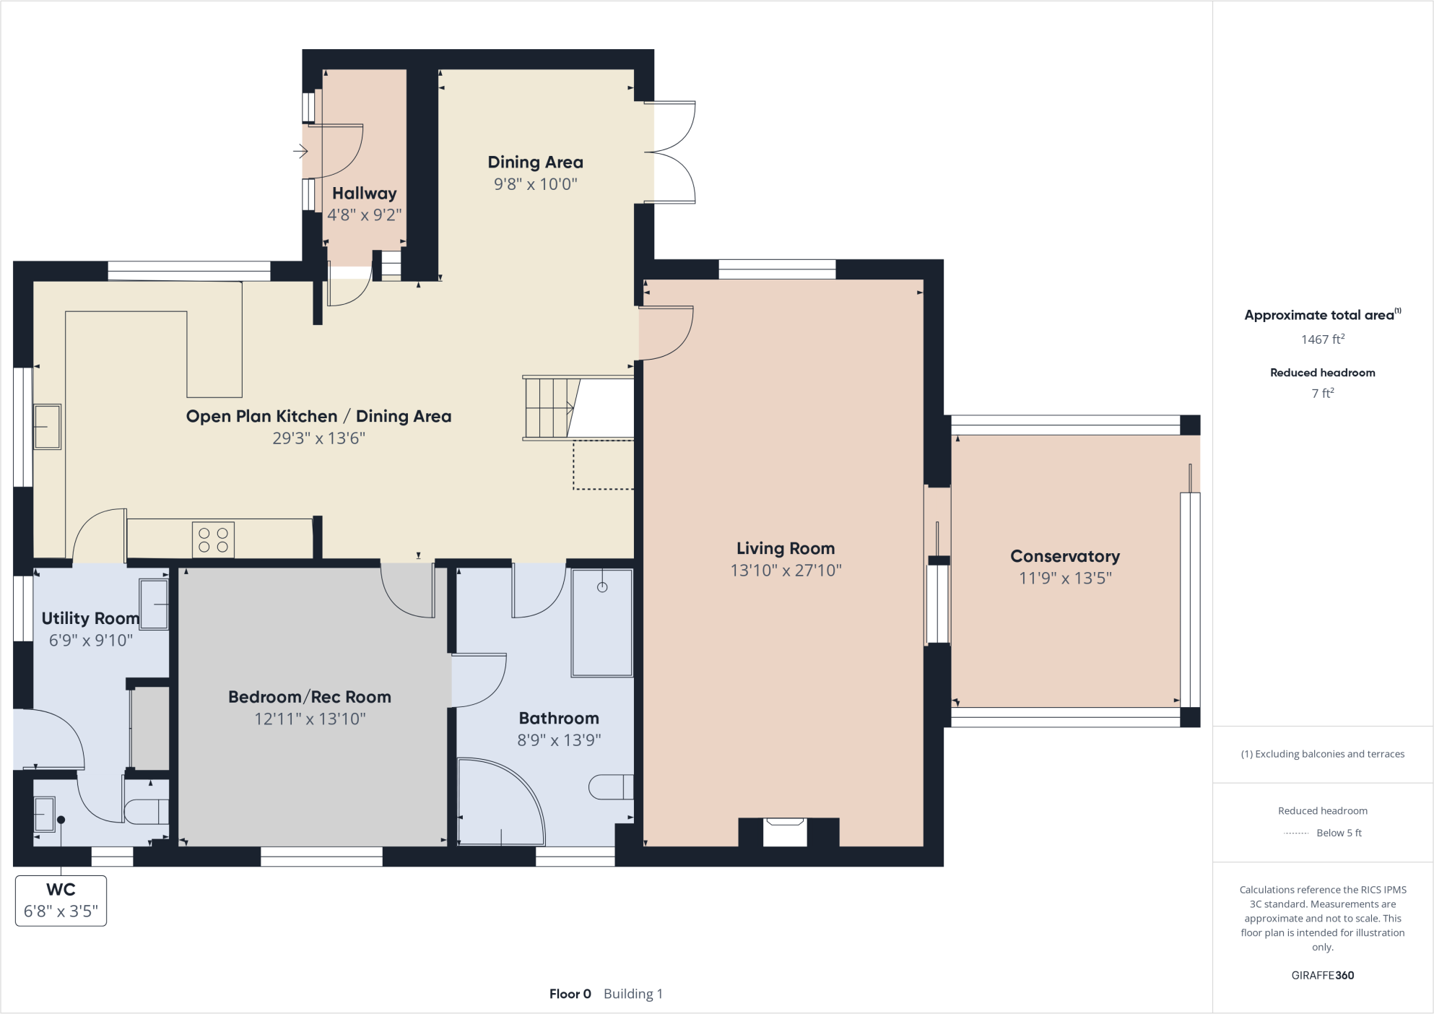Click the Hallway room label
364,194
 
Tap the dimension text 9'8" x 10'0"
535,184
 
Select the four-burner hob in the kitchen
213,539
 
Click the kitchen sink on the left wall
47,427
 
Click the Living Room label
785,548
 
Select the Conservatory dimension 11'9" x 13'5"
1064,578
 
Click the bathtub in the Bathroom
601,623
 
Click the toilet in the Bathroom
611,786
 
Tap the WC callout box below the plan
61,900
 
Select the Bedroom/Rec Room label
309,697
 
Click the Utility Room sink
154,604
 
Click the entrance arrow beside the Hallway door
300,151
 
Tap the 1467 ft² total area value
1322,339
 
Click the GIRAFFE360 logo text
1322,975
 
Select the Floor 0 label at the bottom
570,994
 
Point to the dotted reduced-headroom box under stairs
603,465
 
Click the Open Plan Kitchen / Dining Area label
318,416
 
